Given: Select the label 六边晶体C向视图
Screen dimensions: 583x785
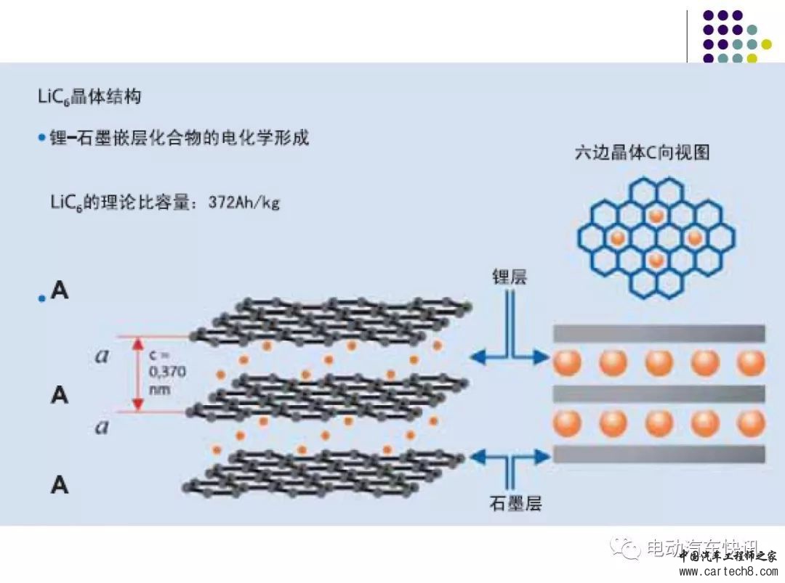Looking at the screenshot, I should (642, 152).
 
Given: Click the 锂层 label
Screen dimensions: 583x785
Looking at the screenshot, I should (509, 277).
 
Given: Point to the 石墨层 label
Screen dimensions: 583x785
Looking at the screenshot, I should (515, 502).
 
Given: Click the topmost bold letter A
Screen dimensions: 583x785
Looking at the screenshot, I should (60, 291).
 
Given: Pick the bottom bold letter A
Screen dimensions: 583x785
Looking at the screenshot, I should (60, 485).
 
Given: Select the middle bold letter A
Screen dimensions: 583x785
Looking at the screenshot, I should (60, 396).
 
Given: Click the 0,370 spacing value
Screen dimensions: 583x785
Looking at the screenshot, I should (167, 372).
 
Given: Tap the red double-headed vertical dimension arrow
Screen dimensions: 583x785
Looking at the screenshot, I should (137, 374).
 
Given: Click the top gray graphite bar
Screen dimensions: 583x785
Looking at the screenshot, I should (659, 333).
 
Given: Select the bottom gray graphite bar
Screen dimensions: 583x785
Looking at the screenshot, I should (659, 454).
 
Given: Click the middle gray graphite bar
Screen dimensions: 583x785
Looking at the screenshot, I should (659, 394).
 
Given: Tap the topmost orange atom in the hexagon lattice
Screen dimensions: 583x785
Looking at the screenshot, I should (656, 216).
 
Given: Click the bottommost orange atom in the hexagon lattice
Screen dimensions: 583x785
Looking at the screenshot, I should (656, 259).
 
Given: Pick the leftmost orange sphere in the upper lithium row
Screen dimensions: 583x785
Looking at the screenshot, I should (567, 363).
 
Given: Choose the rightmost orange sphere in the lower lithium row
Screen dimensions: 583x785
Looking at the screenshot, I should (750, 423).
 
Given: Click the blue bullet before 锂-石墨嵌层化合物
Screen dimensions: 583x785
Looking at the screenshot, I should (41, 137).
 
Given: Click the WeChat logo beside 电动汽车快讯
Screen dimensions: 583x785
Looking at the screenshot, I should (627, 548).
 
